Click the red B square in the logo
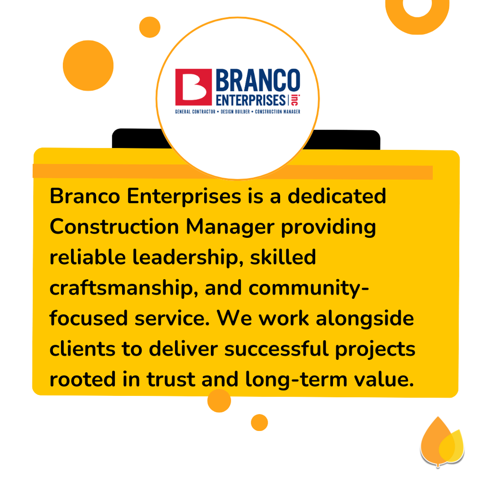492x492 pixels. (x=193, y=87)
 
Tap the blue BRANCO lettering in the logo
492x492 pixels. (x=258, y=80)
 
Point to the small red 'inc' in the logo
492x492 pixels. (x=295, y=100)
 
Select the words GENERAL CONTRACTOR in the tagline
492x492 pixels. (x=195, y=111)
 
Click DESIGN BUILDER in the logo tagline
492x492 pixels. (x=235, y=111)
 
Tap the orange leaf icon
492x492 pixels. (x=442, y=442)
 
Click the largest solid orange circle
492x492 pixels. (x=88, y=65)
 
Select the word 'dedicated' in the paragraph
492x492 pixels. (x=337, y=197)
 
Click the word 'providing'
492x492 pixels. (x=328, y=227)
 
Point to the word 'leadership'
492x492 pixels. (x=188, y=258)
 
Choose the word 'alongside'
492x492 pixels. (x=365, y=319)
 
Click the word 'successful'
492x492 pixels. (x=276, y=349)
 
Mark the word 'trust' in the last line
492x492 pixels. (x=171, y=380)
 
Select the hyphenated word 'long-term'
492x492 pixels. (x=296, y=380)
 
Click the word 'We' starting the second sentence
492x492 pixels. (x=234, y=319)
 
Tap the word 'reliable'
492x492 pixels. (x=88, y=258)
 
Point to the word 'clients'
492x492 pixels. (x=83, y=349)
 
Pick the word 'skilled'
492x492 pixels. (x=283, y=258)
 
